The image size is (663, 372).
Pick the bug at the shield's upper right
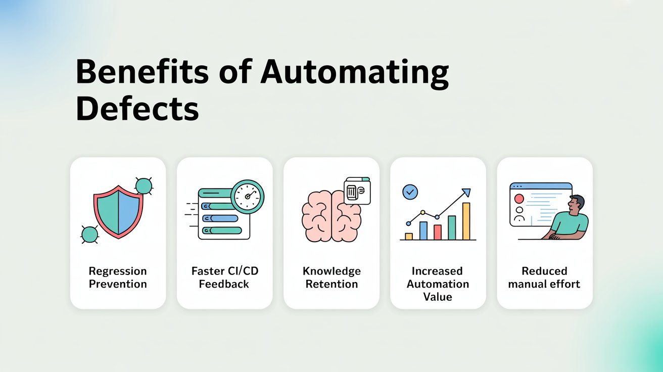(x=144, y=186)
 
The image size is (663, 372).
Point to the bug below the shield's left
(x=89, y=234)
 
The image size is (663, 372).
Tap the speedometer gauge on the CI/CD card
(x=248, y=197)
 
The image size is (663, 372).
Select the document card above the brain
(x=357, y=192)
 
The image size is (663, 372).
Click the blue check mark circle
(x=410, y=192)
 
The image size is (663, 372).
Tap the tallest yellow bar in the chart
(x=466, y=221)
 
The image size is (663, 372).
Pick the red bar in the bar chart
(x=438, y=232)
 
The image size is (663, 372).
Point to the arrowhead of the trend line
(x=466, y=192)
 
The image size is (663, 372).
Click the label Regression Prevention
(x=118, y=277)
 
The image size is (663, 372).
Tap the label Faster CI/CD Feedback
(x=224, y=277)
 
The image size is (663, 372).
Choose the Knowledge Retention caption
(x=331, y=277)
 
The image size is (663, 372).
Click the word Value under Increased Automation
(x=438, y=297)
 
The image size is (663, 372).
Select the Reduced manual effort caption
(x=544, y=277)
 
